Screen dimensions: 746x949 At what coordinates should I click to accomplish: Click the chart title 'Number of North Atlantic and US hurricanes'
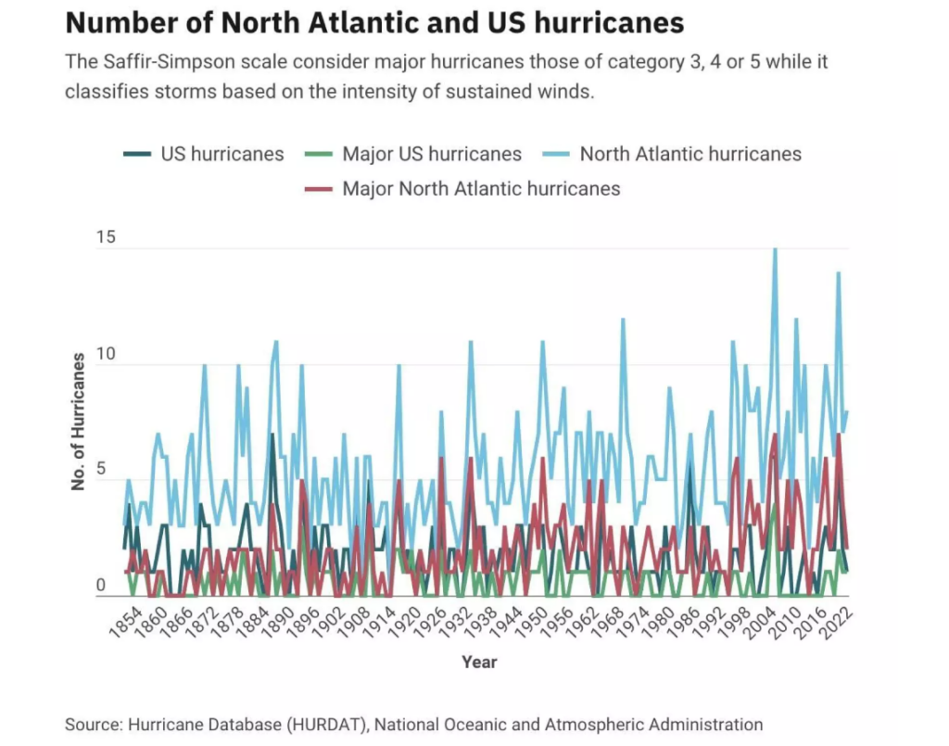(x=374, y=22)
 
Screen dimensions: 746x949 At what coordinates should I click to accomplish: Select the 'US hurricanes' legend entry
(x=222, y=154)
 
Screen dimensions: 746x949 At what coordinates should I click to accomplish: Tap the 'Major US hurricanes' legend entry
(x=432, y=154)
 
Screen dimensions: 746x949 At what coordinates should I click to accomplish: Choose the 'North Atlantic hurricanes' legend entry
(x=690, y=154)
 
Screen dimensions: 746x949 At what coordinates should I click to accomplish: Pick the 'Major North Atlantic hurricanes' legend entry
(x=481, y=189)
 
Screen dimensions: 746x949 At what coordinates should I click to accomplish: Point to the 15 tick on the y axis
(x=107, y=238)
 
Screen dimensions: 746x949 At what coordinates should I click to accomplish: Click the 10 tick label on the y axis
(x=107, y=355)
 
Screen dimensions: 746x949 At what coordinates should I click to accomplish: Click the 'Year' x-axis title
(x=479, y=663)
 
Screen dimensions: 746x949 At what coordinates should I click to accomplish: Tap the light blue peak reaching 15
(x=775, y=250)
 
